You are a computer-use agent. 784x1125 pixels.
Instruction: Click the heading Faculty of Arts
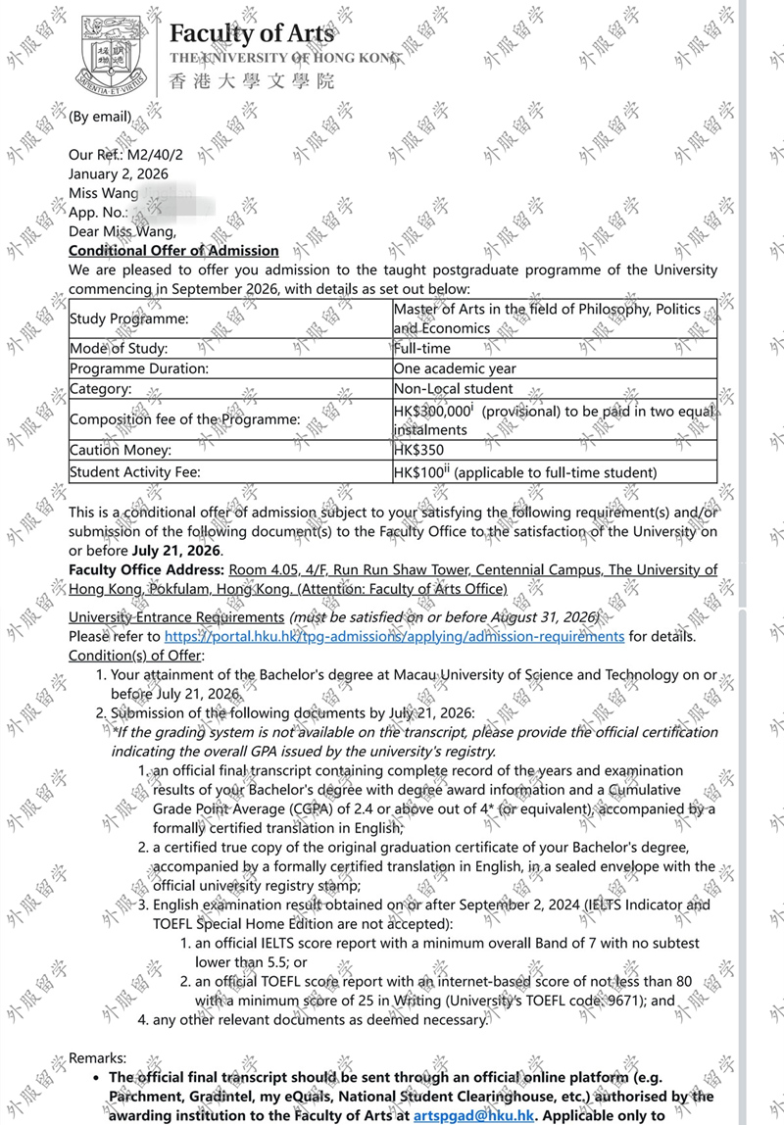(x=251, y=33)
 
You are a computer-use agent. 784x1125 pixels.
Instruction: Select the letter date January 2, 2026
(x=118, y=173)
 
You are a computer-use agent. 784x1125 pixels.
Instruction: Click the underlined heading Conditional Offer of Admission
(x=173, y=251)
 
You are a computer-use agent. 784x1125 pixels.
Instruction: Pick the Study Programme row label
(x=128, y=318)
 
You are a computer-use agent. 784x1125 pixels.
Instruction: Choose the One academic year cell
(x=455, y=368)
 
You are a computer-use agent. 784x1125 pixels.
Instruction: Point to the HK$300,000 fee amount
(x=431, y=412)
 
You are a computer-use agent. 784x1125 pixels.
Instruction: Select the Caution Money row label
(x=121, y=451)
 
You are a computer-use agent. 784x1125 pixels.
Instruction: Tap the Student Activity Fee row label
(x=134, y=472)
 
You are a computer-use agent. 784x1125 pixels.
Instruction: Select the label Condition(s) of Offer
(x=135, y=655)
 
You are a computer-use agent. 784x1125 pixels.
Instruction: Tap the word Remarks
(x=97, y=1057)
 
